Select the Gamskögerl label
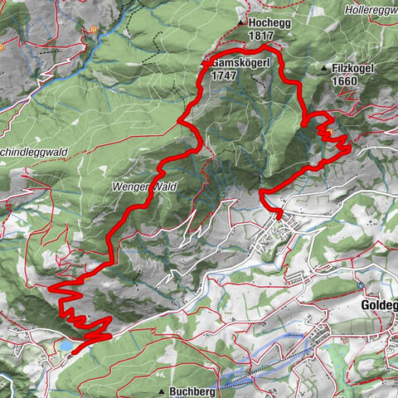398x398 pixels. (x=238, y=63)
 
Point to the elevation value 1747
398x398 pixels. (x=225, y=75)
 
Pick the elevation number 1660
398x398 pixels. (x=345, y=82)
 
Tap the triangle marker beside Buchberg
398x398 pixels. (x=161, y=390)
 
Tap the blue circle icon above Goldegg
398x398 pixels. (x=361, y=285)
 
